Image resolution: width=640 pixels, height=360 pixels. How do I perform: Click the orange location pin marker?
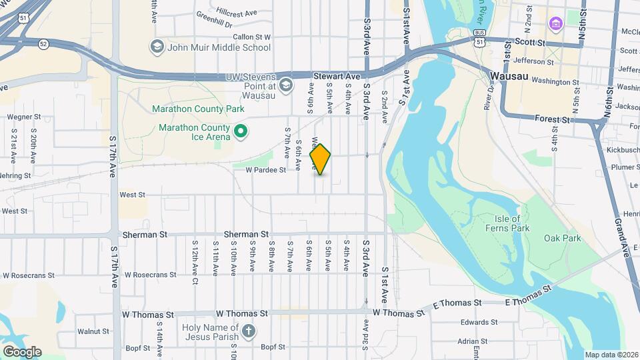(x=321, y=159)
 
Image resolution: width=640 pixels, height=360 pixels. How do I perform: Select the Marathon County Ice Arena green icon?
(x=241, y=132)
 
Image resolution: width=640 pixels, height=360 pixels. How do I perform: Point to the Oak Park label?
(x=562, y=238)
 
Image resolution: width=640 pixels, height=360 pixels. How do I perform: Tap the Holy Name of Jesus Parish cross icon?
(x=249, y=331)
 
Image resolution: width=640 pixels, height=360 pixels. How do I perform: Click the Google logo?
(x=22, y=351)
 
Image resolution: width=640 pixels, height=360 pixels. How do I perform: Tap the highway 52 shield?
(x=43, y=44)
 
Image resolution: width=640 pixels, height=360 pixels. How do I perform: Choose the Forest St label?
(x=553, y=120)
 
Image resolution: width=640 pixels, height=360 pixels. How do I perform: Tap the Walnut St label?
(x=93, y=331)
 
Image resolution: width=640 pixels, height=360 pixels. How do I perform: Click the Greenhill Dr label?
(x=213, y=24)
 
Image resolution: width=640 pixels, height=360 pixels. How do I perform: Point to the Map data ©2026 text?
(x=611, y=355)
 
